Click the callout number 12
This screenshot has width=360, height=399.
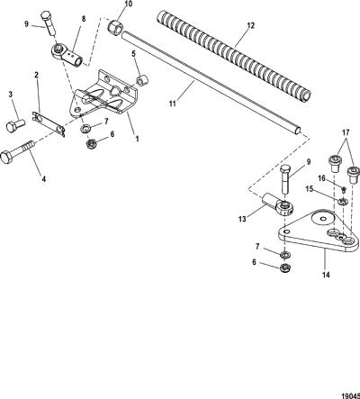coord(251,26)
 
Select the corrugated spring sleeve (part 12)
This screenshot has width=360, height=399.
coord(234,56)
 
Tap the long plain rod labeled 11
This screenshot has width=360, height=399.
coord(211,82)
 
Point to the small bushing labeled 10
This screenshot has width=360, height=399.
coord(114,25)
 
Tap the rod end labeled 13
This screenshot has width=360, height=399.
coord(277,204)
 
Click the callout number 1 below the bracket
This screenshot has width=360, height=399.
coord(137,139)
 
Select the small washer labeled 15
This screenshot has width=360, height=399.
coord(342,201)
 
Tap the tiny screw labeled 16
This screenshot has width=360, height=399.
coord(344,189)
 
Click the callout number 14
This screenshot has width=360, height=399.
coord(326,275)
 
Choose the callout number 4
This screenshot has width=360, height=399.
coord(44,179)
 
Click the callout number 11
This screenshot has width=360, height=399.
coord(172,104)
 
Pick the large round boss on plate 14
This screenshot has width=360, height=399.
coord(323,218)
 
